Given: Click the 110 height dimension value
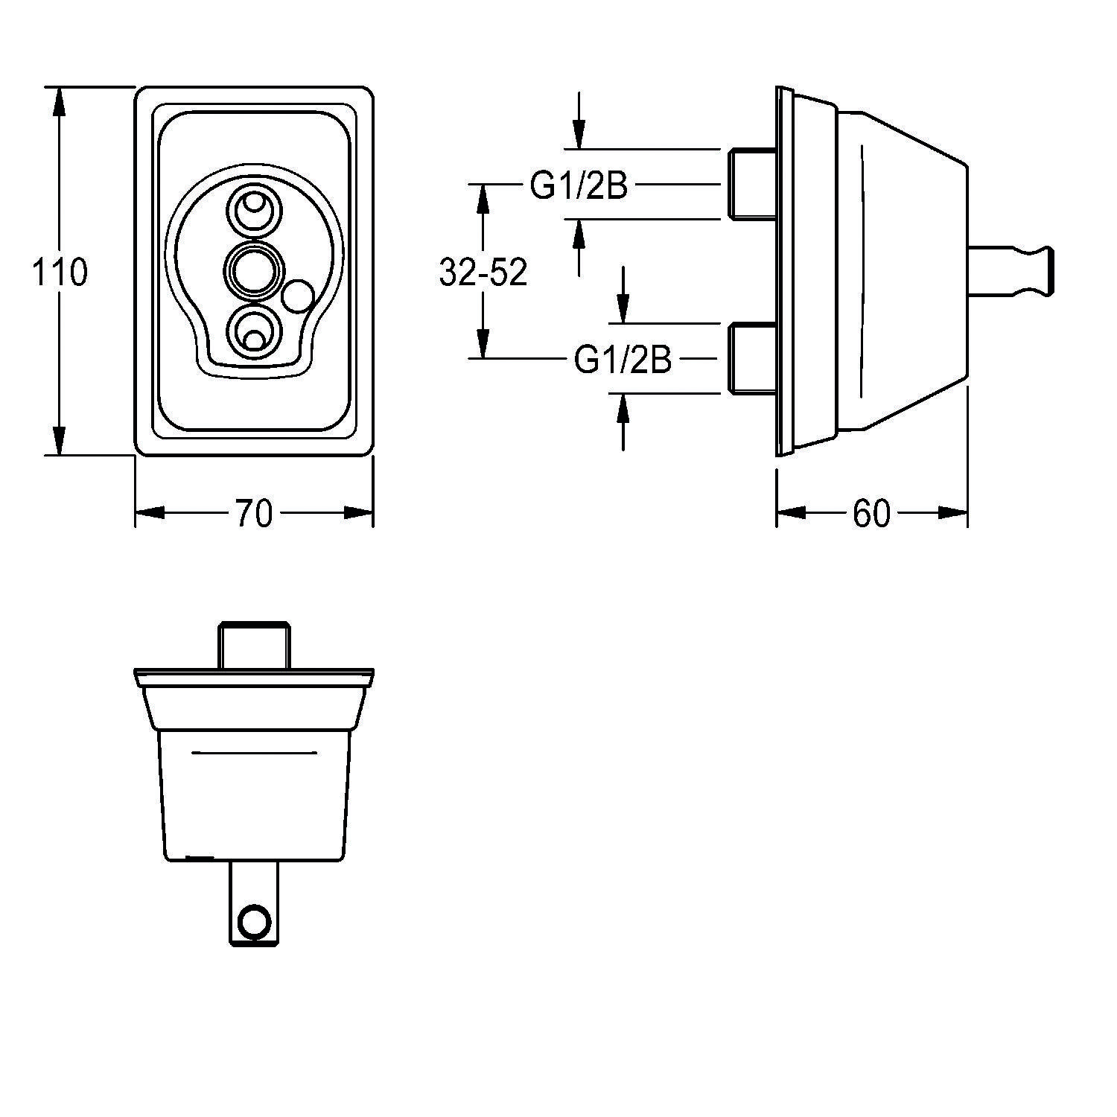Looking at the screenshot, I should coord(60,273).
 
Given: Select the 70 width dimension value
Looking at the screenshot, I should coord(254,513).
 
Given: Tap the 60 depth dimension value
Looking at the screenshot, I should coord(871,513).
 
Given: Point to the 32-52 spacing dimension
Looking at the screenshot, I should coord(483,273).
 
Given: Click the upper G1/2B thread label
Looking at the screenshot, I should coord(579,186).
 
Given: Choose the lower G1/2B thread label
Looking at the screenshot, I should coord(623,360).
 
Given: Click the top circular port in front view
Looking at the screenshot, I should coord(255,208).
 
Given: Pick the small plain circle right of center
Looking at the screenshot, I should coord(299,296).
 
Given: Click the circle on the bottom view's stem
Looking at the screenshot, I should coord(254,920).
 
